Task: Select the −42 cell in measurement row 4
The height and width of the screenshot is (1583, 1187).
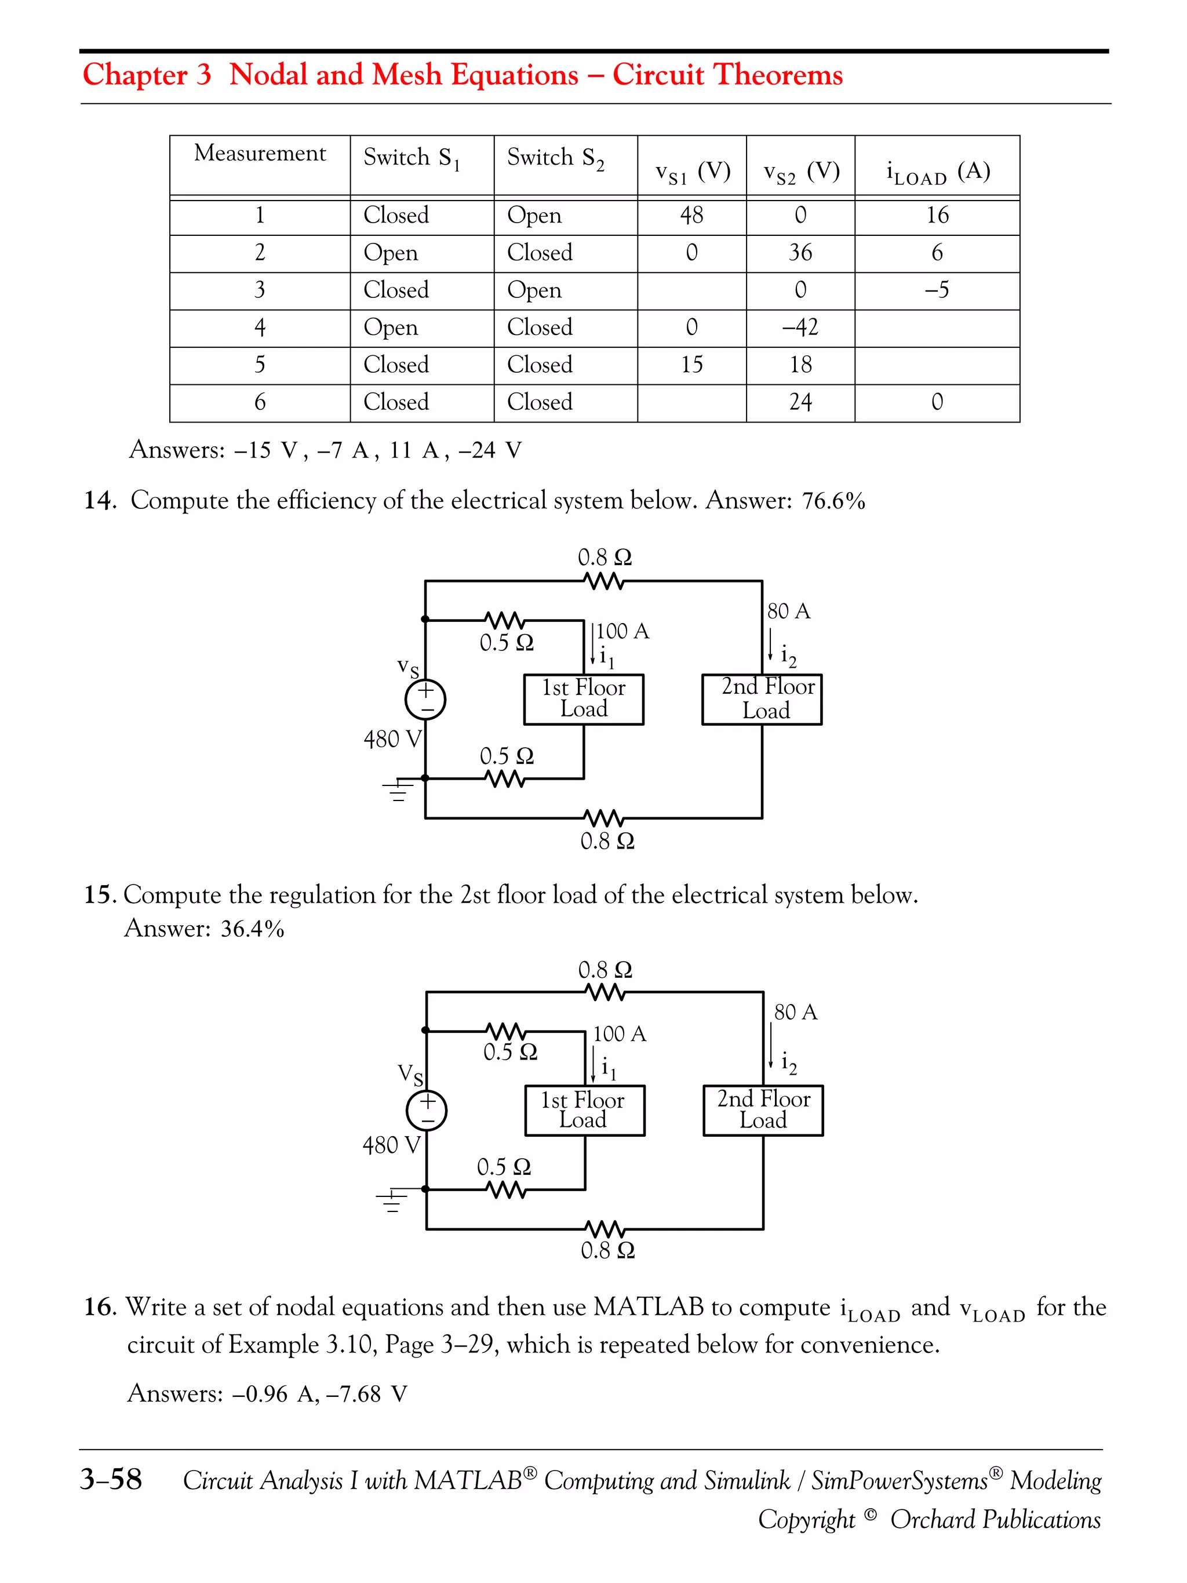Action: point(800,327)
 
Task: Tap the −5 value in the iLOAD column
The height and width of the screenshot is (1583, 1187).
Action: point(937,290)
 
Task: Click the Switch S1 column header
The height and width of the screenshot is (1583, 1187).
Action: point(412,158)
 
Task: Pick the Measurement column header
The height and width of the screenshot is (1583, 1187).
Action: point(260,153)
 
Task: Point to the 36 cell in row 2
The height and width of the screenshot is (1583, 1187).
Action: point(800,253)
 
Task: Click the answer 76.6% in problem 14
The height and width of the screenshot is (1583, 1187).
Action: point(833,501)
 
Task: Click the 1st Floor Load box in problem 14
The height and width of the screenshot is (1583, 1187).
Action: point(584,699)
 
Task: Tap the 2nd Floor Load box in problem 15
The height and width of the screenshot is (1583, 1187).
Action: point(763,1110)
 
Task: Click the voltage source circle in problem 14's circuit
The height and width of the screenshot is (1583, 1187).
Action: point(426,700)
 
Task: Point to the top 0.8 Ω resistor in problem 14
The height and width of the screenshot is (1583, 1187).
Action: point(605,581)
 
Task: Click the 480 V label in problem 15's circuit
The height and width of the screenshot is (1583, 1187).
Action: point(391,1145)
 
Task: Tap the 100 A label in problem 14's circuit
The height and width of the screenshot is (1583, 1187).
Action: point(622,631)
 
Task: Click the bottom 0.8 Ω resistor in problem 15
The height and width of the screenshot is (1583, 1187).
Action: point(605,1229)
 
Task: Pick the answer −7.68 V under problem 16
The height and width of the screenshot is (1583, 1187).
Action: point(366,1394)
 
